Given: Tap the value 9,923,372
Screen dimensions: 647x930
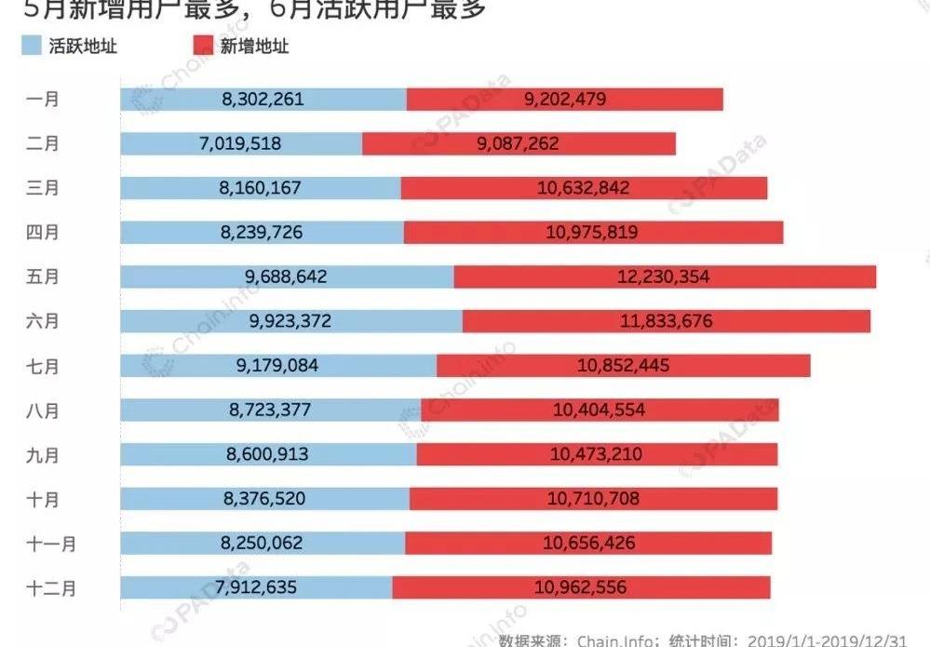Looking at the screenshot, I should pos(290,321).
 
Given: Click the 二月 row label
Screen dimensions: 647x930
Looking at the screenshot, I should pos(43,143).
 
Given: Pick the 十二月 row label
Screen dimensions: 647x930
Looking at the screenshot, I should pos(50,587).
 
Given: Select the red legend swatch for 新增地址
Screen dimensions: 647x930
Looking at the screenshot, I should pos(202,46).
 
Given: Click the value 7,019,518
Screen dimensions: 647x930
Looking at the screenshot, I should pos(240,143).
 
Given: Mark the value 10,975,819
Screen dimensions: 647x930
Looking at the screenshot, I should pos(592,232).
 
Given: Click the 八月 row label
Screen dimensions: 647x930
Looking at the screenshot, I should pos(43,410).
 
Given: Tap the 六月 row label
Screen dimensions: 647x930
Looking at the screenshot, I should pos(43,321).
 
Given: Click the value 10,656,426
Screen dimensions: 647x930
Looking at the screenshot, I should pos(586,543).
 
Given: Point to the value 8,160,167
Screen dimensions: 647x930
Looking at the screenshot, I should pos(261,187).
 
